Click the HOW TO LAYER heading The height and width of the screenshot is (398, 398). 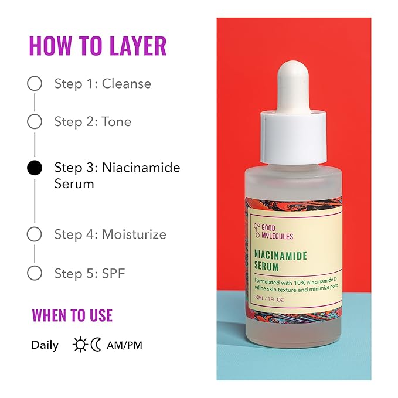coord(97,46)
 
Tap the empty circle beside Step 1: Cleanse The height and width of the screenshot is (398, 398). coord(35,84)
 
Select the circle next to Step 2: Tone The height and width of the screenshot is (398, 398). coord(35,122)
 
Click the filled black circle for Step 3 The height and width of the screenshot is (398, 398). coord(35,168)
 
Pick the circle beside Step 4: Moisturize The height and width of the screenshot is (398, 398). coord(35,234)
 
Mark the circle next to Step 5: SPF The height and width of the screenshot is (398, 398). coord(35,273)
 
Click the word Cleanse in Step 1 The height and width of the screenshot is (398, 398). coord(126,84)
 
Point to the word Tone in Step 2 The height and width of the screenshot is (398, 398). coord(117,122)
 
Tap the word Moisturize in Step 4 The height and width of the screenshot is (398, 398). coord(134,234)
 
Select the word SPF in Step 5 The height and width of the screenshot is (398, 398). coord(114,273)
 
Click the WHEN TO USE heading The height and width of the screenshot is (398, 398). coord(72,315)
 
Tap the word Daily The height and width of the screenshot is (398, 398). coord(45,345)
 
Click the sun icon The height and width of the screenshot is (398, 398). coord(80,345)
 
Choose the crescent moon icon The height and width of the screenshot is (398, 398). coord(96,345)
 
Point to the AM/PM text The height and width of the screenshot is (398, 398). coord(124,345)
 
